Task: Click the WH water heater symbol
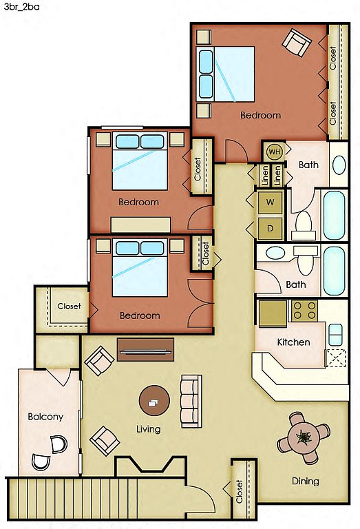(275, 152)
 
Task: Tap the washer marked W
(270, 203)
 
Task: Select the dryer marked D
(270, 229)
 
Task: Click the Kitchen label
(293, 342)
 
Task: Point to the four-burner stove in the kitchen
(304, 311)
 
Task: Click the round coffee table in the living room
(154, 401)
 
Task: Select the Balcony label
(45, 417)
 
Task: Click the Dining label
(306, 481)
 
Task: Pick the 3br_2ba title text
(21, 7)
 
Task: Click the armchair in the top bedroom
(297, 42)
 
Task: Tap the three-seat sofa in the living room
(191, 401)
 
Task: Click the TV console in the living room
(146, 349)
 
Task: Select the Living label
(148, 429)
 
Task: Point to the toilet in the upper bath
(304, 225)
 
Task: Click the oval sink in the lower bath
(275, 253)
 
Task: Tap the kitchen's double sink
(335, 334)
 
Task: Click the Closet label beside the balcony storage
(69, 306)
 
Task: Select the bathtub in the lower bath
(334, 271)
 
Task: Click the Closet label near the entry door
(239, 492)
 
